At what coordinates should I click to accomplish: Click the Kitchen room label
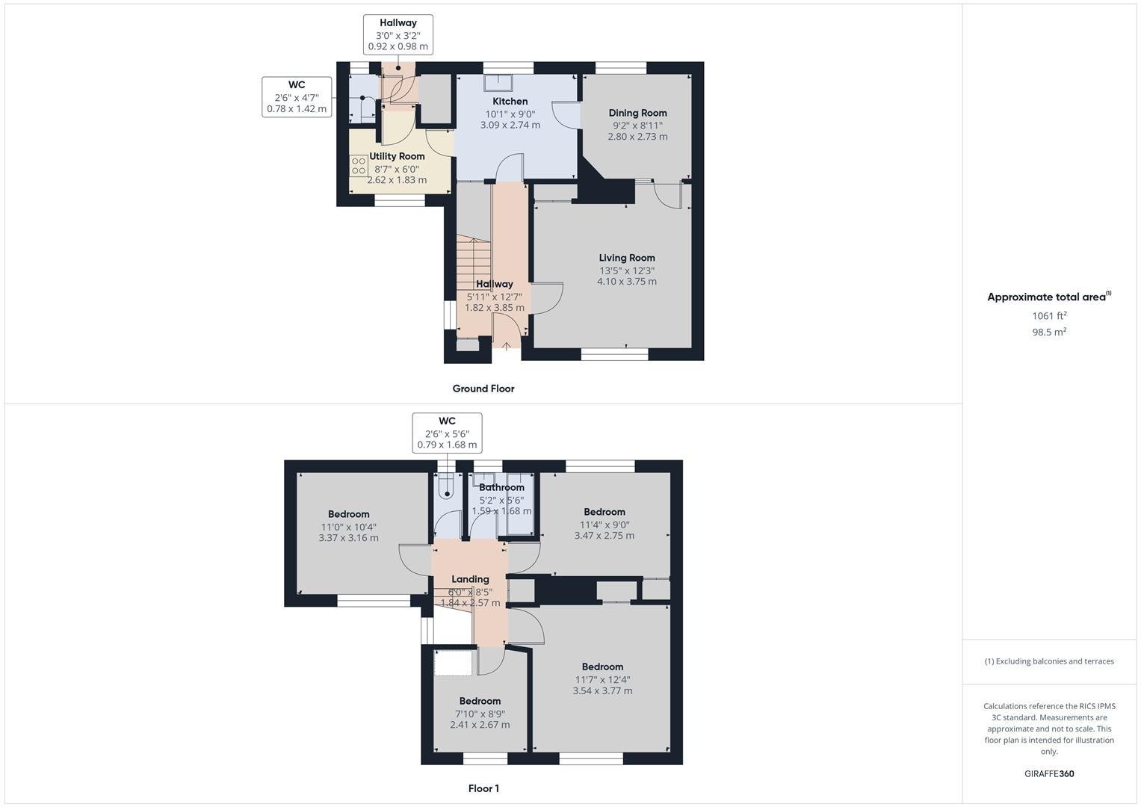click(x=510, y=102)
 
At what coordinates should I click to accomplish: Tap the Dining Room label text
click(x=637, y=114)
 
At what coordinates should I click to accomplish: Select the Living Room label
click(x=626, y=258)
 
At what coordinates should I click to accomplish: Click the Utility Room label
click(x=397, y=156)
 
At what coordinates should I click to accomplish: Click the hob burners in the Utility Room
click(x=359, y=166)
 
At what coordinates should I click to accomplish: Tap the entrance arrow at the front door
click(x=507, y=346)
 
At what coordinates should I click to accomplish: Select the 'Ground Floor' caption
click(x=483, y=389)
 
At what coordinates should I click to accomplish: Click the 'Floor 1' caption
click(x=483, y=788)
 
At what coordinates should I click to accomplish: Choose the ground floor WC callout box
click(x=297, y=97)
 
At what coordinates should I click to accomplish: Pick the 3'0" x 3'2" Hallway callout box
click(x=398, y=34)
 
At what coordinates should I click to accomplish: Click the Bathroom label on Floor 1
click(x=501, y=487)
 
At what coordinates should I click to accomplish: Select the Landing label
click(x=470, y=579)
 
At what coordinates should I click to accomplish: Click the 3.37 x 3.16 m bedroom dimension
click(x=348, y=538)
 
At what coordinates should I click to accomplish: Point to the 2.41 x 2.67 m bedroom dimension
click(x=480, y=725)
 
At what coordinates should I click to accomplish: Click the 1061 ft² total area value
click(x=1049, y=316)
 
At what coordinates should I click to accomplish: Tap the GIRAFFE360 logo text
click(x=1049, y=774)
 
